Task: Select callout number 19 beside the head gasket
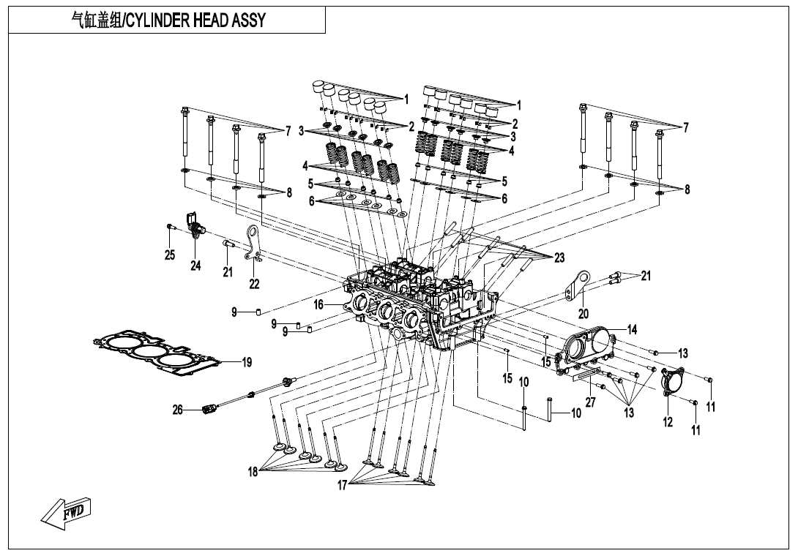247,362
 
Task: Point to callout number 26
177,410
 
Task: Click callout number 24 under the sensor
195,266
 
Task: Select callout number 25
170,255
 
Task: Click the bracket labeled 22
254,244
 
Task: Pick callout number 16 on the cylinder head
319,304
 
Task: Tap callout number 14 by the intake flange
632,329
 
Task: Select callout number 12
668,422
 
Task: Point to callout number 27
590,404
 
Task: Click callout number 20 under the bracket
583,313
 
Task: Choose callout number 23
559,258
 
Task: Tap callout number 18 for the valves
253,473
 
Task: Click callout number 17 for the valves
342,486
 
